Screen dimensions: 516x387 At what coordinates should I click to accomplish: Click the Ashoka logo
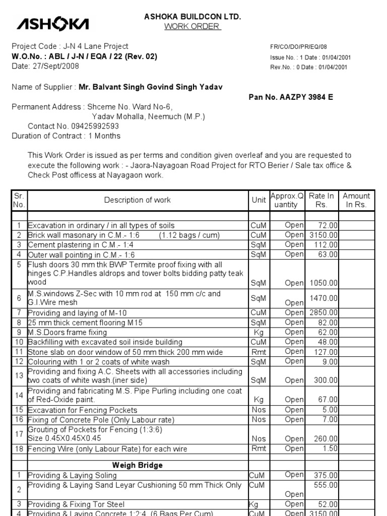(53, 23)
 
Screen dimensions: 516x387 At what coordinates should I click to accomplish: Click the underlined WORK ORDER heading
(192, 26)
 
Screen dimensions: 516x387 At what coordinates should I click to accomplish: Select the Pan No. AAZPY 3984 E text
(291, 97)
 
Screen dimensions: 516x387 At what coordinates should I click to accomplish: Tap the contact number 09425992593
(88, 126)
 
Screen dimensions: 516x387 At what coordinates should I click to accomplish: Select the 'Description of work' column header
(137, 200)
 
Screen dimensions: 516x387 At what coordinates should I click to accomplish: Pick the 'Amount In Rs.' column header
(356, 200)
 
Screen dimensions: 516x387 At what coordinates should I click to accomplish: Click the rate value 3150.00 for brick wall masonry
(323, 235)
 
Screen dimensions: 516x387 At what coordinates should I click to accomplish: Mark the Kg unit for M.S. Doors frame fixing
(259, 333)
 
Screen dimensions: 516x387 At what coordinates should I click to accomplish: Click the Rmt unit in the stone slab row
(259, 352)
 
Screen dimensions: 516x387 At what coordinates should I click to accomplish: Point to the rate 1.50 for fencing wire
(331, 448)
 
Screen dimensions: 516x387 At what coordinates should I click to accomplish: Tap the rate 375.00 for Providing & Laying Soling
(326, 475)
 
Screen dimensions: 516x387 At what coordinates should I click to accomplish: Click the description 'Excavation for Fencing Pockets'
(82, 410)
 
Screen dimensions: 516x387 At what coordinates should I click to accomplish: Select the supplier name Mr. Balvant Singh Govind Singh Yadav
(151, 87)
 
